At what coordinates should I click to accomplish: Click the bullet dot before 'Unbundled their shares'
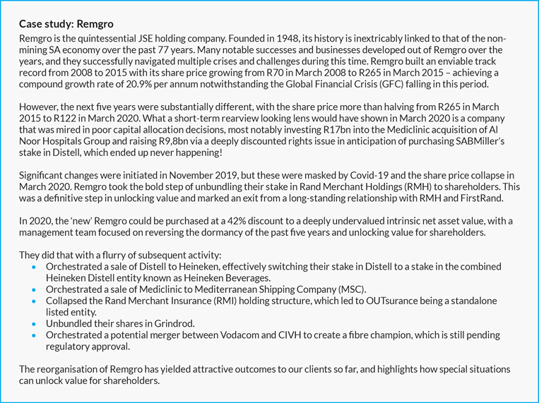(x=35, y=324)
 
